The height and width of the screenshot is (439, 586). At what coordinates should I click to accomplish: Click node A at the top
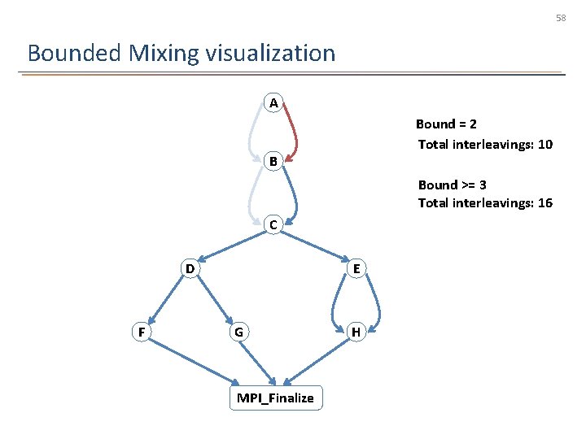(273, 103)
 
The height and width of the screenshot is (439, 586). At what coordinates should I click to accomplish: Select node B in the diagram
(273, 161)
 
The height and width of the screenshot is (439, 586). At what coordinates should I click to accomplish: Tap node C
(273, 224)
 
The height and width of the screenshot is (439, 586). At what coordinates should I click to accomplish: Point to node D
(189, 268)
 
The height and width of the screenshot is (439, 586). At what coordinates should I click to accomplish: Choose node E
(356, 268)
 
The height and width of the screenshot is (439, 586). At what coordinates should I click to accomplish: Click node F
(142, 332)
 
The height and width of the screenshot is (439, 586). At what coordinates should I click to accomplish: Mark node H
(356, 332)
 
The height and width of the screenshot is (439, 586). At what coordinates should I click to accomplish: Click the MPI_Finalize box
(275, 398)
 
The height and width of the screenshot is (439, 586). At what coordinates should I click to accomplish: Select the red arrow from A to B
(296, 130)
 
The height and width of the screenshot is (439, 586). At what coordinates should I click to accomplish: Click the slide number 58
(561, 17)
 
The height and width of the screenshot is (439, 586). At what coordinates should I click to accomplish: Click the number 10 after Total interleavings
(544, 145)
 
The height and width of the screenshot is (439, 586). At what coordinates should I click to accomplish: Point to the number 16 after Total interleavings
(544, 202)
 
